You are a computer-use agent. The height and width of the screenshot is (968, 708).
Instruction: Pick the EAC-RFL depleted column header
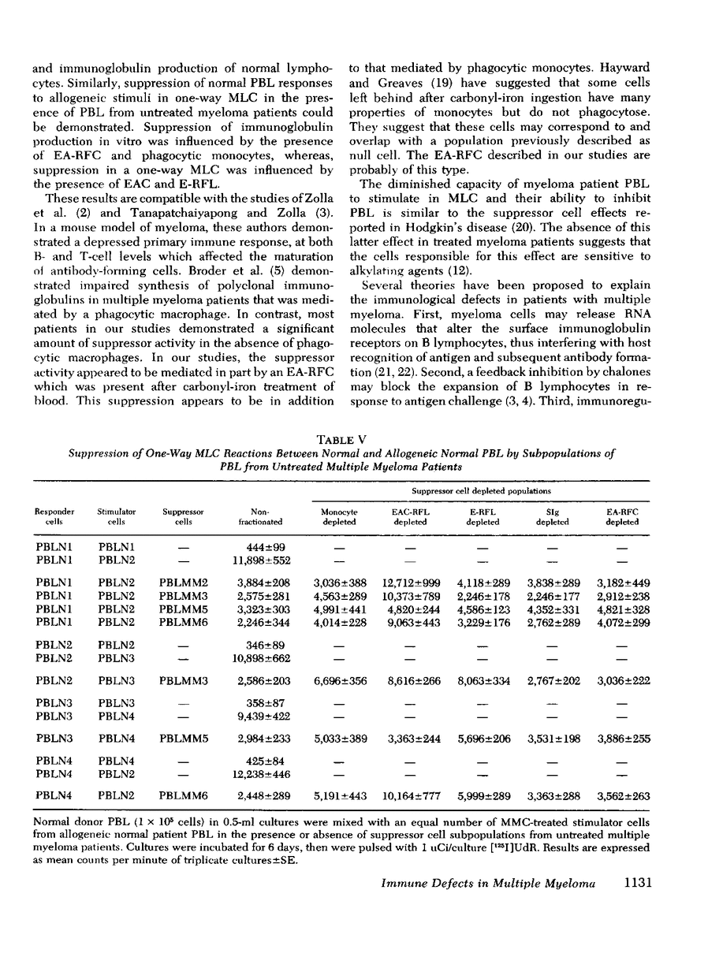coord(410,516)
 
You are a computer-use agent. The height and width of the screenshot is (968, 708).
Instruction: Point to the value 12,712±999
coord(410,583)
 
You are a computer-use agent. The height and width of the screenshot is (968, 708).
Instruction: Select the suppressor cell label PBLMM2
coord(182,583)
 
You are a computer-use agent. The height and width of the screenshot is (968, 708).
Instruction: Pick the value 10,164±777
coord(410,796)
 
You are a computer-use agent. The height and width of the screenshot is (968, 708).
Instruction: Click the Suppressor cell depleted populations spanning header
coord(481,490)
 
